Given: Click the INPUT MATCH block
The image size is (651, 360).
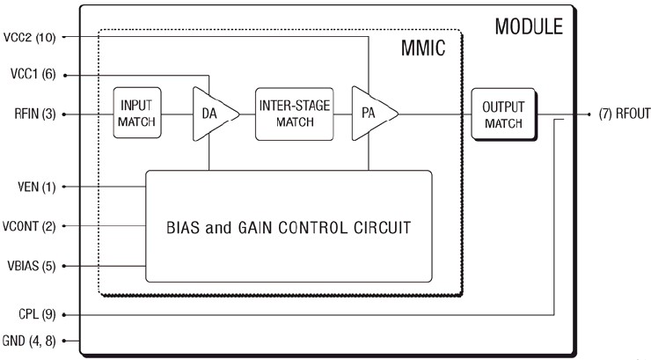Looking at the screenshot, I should pos(136,114).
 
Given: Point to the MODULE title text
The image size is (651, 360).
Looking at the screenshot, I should pos(528,25).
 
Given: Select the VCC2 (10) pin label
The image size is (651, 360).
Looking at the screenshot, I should pos(30,37).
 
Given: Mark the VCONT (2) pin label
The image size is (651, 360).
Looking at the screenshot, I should pos(30,226).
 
